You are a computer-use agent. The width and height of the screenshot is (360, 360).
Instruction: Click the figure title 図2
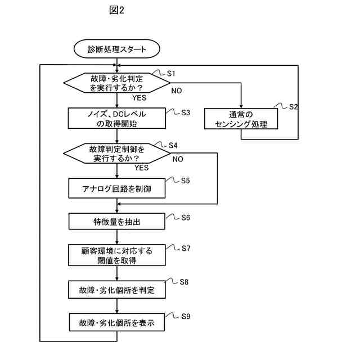(116, 11)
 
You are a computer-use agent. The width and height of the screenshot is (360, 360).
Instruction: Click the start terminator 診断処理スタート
(117, 49)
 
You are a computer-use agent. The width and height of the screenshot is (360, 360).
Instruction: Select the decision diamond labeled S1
(117, 83)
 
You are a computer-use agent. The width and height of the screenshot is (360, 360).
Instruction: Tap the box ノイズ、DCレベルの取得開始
(117, 119)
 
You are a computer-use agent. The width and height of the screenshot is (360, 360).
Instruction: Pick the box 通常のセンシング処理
(241, 119)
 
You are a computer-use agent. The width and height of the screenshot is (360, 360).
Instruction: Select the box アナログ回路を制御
(117, 189)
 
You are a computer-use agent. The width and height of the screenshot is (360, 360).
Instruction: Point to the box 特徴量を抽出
(117, 221)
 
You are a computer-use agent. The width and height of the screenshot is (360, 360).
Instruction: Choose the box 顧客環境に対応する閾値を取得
(117, 255)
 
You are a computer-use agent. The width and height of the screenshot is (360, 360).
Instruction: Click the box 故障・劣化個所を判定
(117, 290)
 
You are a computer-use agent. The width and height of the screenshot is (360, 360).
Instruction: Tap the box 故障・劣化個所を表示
(117, 323)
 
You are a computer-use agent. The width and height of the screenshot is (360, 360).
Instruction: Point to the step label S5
(186, 181)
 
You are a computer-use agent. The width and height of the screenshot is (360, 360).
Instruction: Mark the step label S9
(186, 316)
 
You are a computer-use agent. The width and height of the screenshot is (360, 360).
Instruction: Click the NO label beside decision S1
(177, 91)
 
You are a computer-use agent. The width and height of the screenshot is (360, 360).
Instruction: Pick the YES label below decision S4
(142, 167)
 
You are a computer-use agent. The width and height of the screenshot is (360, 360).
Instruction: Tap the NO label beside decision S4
(178, 159)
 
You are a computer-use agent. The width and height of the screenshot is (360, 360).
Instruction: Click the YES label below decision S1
(139, 98)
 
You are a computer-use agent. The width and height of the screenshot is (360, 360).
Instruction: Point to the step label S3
(186, 112)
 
